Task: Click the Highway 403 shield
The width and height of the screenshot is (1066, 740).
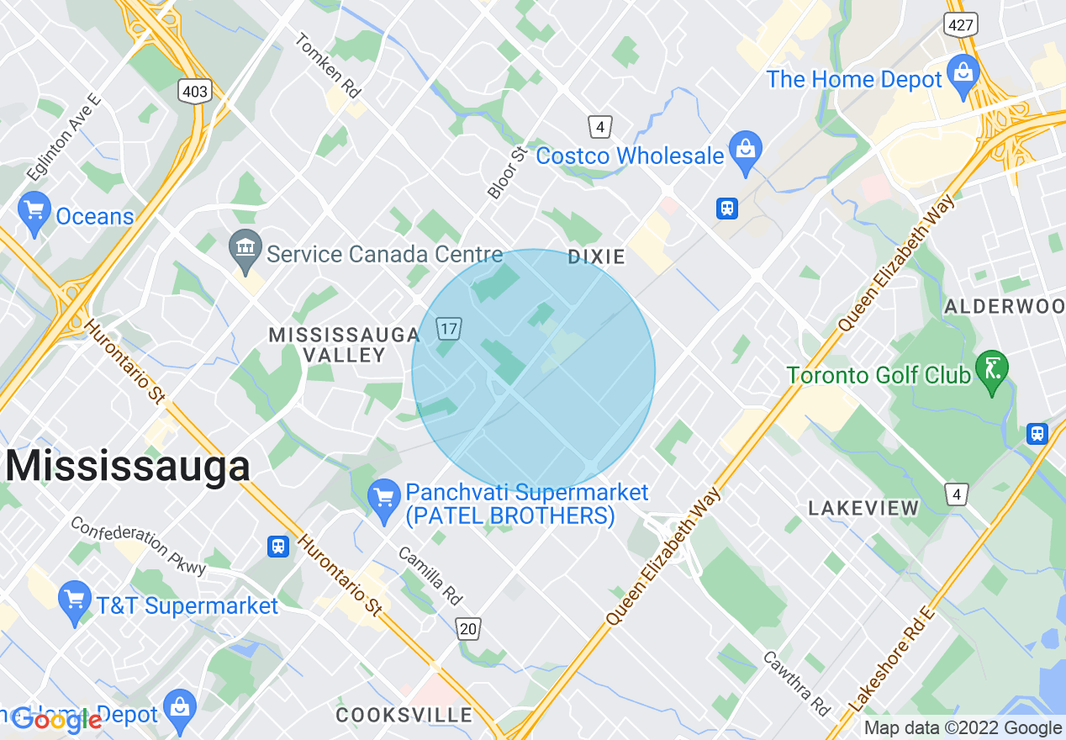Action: coord(195,91)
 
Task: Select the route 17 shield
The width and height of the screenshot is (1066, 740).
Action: coord(447,328)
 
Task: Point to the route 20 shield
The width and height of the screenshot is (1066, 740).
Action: coord(469,628)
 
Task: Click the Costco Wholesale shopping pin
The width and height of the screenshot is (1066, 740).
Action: coord(745,151)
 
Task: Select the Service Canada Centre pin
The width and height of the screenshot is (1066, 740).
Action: coord(245,250)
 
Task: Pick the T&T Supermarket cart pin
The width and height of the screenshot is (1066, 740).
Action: coord(76,602)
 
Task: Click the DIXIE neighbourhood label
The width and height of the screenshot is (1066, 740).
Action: coord(596,256)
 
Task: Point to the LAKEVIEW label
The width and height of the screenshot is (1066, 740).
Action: coord(863,508)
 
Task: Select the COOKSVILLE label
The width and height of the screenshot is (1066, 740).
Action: coord(404,716)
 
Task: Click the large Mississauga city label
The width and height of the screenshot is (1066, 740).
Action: coord(128,466)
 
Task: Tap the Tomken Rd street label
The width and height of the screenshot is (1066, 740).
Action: coord(329,65)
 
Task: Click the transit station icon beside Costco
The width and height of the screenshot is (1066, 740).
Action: coord(727,208)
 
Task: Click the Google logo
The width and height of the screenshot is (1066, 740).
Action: coord(57,720)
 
